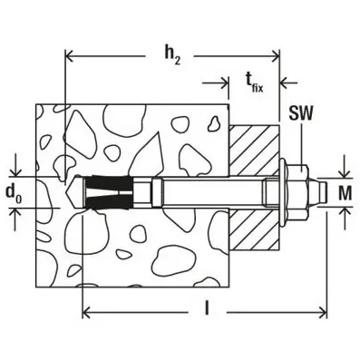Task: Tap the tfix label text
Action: tap(257, 83)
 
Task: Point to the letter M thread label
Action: tap(345, 191)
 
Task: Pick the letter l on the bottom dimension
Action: tap(208, 309)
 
